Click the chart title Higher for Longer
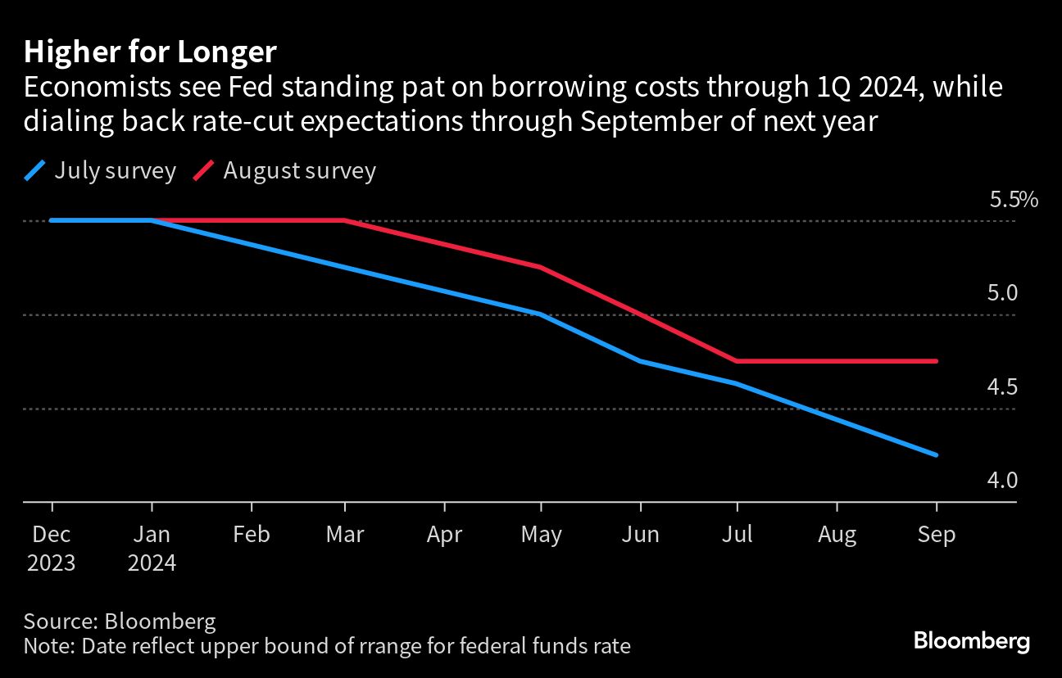pos(150,52)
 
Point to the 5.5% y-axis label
pos(1013,200)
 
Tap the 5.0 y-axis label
pos(1002,293)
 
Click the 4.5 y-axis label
pos(1002,386)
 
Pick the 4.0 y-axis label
pos(1002,481)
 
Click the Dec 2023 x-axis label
pos(52,549)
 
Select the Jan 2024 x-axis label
pos(152,549)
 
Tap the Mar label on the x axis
pos(344,535)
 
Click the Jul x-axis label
pos(737,535)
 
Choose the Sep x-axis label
pos(936,535)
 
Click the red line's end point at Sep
pos(936,361)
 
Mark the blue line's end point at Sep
pos(936,455)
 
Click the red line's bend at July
pos(737,361)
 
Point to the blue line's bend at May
pos(540,314)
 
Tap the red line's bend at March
pos(344,220)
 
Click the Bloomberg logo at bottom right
pos(971,641)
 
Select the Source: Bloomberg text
pos(120,621)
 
